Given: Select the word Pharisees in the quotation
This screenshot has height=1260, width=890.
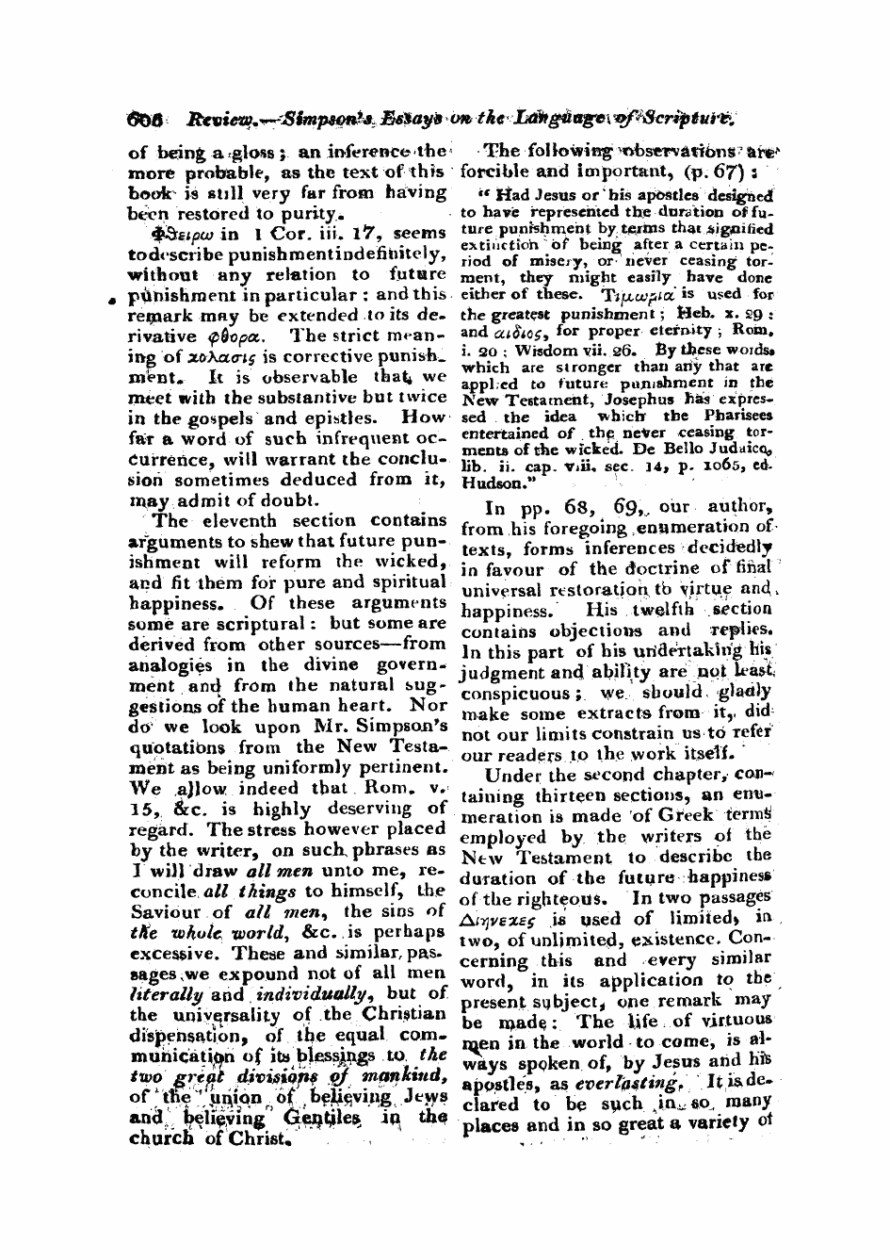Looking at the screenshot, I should [x=737, y=416].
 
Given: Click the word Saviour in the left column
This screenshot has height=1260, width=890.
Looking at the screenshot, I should [x=166, y=911].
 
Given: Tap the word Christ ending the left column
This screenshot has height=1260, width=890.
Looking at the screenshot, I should [x=257, y=1137].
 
